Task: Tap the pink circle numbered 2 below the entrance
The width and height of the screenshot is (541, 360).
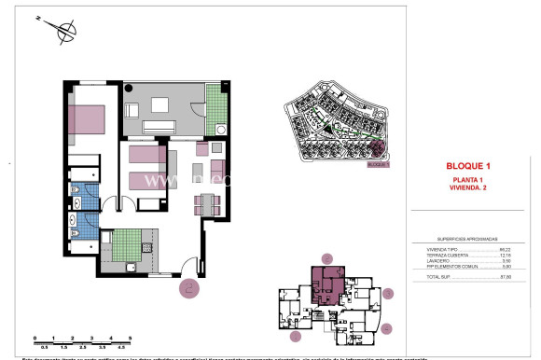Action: click(189, 288)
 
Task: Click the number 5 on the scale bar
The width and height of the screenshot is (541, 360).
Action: click(131, 338)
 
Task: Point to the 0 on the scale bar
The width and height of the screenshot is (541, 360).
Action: click(35, 338)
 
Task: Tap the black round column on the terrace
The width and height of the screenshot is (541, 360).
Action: click(130, 87)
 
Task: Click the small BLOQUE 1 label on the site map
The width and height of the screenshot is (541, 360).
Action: click(377, 164)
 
